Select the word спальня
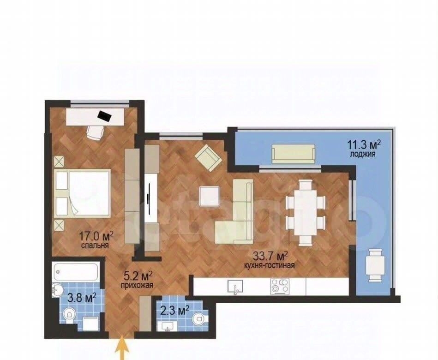tap(95, 246)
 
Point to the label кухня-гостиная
tap(269, 265)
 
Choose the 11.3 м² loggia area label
tap(364, 145)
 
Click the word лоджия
tap(363, 154)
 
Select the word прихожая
tap(137, 285)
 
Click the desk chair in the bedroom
tap(95, 132)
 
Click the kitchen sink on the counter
tap(235, 287)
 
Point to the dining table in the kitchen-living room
tap(306, 212)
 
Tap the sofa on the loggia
tap(294, 154)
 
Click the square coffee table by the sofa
tap(209, 196)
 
